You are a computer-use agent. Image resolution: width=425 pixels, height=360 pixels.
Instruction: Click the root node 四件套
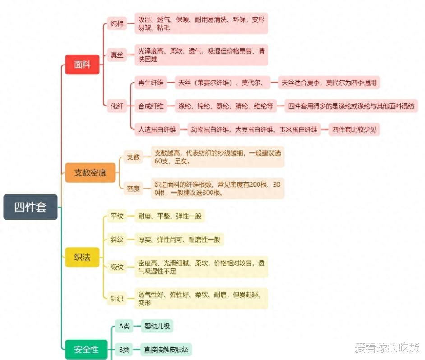[30, 207]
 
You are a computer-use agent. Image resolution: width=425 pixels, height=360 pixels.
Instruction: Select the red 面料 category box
[82, 65]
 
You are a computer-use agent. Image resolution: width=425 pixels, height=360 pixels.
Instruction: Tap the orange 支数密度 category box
[90, 172]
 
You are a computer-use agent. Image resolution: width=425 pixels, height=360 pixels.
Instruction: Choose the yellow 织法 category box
[82, 257]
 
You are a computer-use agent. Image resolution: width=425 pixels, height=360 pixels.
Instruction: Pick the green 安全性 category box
[86, 350]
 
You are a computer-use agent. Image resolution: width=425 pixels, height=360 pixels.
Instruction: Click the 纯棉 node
[117, 23]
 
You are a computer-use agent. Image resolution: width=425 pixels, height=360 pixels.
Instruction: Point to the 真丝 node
[117, 55]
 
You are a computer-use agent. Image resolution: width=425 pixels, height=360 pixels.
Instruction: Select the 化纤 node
[117, 106]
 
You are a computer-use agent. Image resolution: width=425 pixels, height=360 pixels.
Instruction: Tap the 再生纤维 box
[150, 83]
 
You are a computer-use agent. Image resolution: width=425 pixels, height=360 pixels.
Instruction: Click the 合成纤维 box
[150, 106]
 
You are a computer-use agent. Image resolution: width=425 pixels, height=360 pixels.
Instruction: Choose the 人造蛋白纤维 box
[157, 129]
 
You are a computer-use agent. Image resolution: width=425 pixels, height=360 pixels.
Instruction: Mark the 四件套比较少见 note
[354, 129]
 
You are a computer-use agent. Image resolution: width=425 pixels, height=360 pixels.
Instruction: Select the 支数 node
[133, 157]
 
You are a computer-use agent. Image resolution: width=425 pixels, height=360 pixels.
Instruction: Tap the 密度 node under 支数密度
[133, 189]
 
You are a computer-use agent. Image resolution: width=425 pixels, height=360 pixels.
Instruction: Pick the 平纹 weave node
[117, 216]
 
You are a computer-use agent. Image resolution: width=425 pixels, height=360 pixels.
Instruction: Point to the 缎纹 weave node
[117, 267]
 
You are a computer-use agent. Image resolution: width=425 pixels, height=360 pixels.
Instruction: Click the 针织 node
[117, 298]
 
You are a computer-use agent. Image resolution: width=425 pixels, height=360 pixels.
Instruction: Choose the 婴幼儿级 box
[157, 326]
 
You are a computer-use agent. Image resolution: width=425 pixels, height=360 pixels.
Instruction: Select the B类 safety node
[124, 349]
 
